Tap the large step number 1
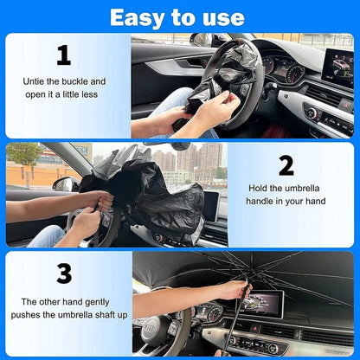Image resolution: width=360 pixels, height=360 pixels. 63,55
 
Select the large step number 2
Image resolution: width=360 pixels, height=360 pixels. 286,164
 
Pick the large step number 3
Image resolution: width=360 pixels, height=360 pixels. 63,273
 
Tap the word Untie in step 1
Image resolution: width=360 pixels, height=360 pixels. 37,81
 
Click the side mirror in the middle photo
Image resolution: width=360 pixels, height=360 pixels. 66,183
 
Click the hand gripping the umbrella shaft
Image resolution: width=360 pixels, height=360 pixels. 232,290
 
